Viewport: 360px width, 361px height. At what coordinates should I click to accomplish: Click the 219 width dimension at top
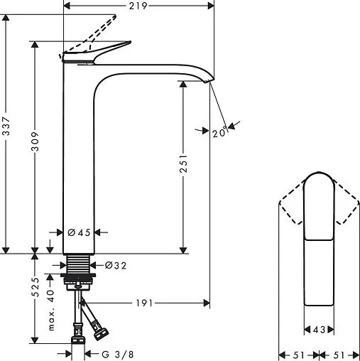coord(138,6)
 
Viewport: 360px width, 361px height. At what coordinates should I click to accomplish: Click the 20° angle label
coord(219,132)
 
